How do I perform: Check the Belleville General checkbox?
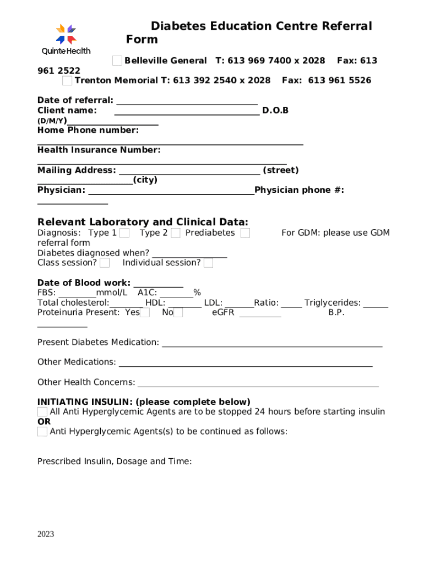(x=117, y=61)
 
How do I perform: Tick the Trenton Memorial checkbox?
(x=67, y=81)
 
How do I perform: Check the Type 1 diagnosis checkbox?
(x=125, y=233)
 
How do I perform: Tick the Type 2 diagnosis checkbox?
(x=176, y=233)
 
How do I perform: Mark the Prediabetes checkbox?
(x=245, y=233)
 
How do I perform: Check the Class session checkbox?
(x=105, y=263)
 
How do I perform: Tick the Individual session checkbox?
(x=209, y=263)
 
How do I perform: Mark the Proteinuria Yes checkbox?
(x=145, y=313)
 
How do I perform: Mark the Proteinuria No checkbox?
(x=178, y=313)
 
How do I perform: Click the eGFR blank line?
(x=260, y=315)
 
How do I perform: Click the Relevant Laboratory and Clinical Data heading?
(x=143, y=222)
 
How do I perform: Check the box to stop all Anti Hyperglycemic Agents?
(x=42, y=412)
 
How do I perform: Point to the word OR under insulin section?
(x=44, y=422)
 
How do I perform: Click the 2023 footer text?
(x=46, y=534)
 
